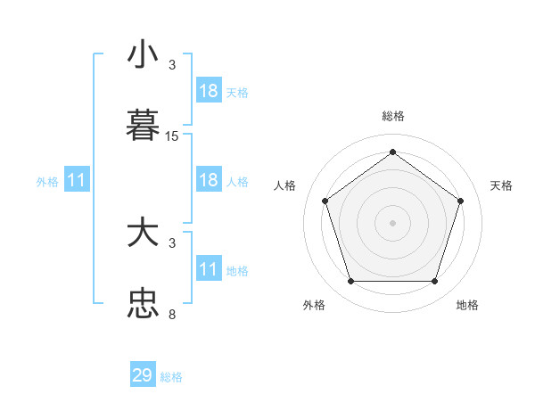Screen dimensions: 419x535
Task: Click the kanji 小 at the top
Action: pyautogui.click(x=143, y=54)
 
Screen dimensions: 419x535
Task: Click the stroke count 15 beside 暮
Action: pyautogui.click(x=172, y=136)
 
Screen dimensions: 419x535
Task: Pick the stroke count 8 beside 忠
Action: pyautogui.click(x=172, y=315)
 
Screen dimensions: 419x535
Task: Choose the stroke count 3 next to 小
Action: pyautogui.click(x=172, y=65)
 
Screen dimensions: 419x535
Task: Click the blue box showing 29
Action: pyautogui.click(x=143, y=375)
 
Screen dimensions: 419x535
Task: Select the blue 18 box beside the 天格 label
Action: pyautogui.click(x=209, y=91)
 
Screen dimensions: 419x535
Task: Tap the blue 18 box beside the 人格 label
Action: pyautogui.click(x=209, y=180)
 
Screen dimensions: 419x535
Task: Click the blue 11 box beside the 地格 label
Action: pyautogui.click(x=209, y=269)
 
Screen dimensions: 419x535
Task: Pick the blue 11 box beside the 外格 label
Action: pyautogui.click(x=77, y=180)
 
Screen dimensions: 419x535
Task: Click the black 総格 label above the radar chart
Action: pyautogui.click(x=392, y=116)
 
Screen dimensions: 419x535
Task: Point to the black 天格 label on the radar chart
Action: pyautogui.click(x=501, y=185)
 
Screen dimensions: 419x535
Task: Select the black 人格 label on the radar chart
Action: pyautogui.click(x=284, y=185)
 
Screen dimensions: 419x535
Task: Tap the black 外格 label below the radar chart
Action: pyautogui.click(x=313, y=305)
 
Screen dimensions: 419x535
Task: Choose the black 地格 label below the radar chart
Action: pyautogui.click(x=467, y=305)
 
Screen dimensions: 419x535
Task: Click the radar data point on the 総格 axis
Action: pyautogui.click(x=392, y=152)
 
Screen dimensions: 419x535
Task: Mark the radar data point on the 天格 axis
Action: pyautogui.click(x=460, y=201)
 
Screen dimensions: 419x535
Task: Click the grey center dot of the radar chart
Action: pyautogui.click(x=392, y=222)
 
